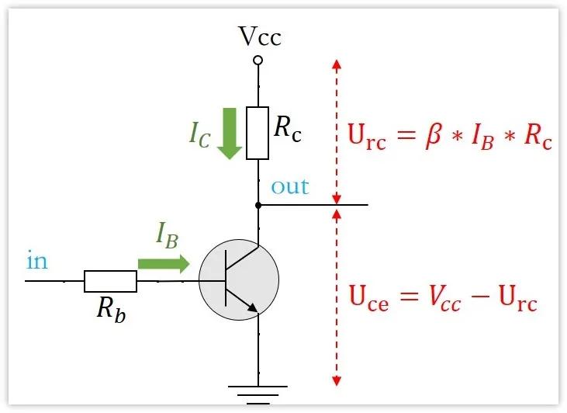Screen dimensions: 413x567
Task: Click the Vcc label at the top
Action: [259, 36]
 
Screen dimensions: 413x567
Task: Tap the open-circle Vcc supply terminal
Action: [258, 60]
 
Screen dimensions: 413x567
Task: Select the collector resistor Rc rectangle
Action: [258, 134]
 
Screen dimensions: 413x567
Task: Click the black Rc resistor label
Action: [288, 129]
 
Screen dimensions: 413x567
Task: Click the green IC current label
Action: [199, 134]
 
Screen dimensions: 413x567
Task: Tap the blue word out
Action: [289, 187]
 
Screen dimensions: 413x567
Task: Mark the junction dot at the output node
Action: [258, 206]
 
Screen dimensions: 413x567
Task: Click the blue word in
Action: [36, 261]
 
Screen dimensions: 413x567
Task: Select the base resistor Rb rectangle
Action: [110, 281]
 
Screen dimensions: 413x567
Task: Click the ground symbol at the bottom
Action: [258, 391]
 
